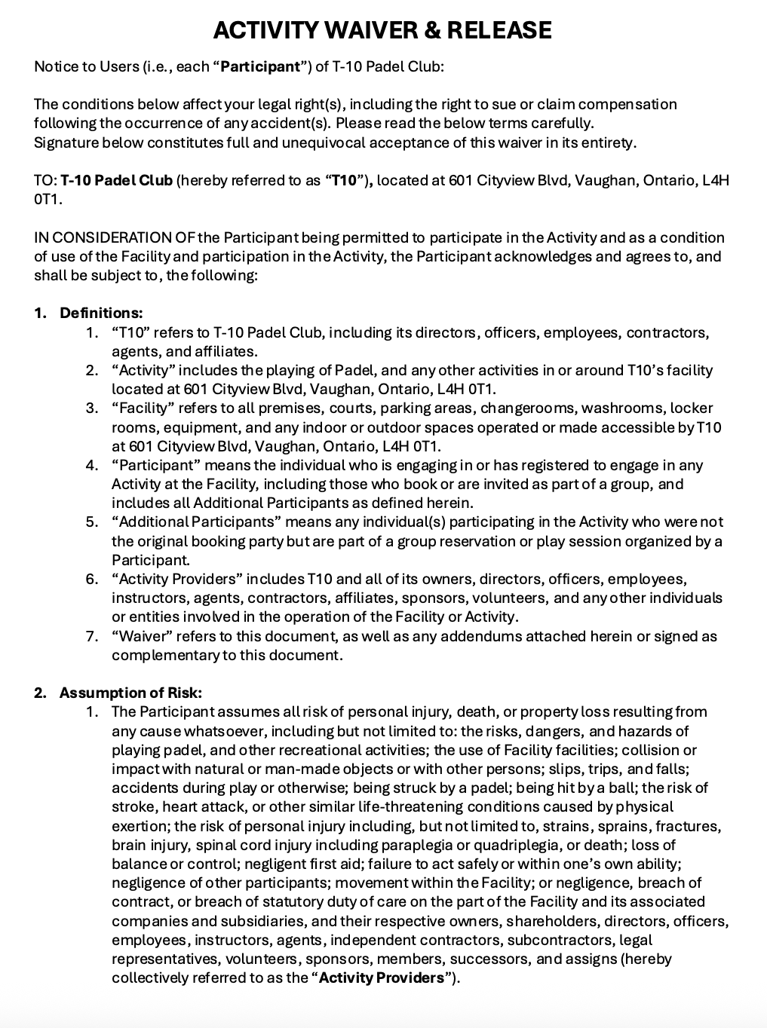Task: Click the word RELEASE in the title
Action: tap(499, 30)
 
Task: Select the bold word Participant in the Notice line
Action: tap(260, 66)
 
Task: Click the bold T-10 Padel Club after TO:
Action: tap(116, 180)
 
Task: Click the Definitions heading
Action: tap(101, 313)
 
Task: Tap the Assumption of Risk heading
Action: tap(130, 693)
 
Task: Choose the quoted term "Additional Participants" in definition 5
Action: tap(192, 522)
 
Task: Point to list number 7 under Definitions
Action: tap(92, 636)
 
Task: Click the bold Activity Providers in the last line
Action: tap(382, 978)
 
